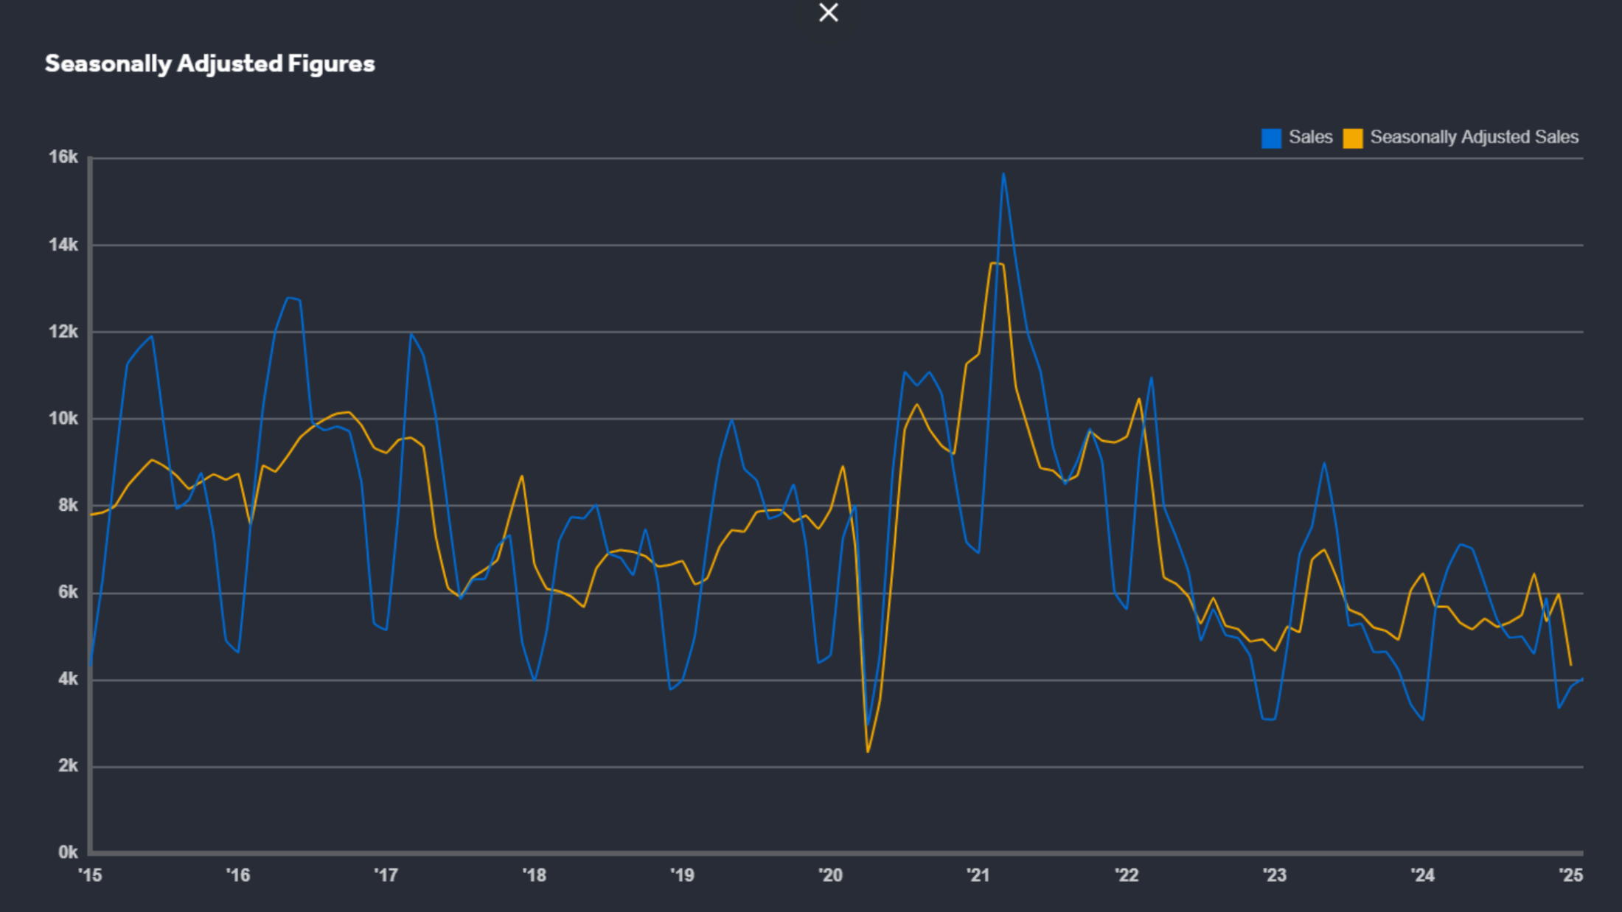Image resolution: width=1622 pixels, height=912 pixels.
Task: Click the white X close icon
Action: pyautogui.click(x=828, y=13)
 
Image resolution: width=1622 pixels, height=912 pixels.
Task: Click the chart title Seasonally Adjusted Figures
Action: pyautogui.click(x=210, y=64)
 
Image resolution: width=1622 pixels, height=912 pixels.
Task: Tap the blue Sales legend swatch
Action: pyautogui.click(x=1271, y=138)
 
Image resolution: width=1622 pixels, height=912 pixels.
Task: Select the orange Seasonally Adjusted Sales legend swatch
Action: pyautogui.click(x=1352, y=138)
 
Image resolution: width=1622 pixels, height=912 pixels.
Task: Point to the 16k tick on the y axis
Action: pyautogui.click(x=63, y=157)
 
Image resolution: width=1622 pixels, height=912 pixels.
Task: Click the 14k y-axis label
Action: pyautogui.click(x=63, y=245)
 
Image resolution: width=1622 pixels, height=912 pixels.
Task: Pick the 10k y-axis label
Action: pyautogui.click(x=63, y=419)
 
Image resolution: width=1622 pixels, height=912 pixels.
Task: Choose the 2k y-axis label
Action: pyautogui.click(x=67, y=766)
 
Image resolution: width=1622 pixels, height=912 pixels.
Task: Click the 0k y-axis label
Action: pyautogui.click(x=67, y=852)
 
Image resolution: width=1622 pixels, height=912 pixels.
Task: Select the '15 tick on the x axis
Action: pyautogui.click(x=91, y=875)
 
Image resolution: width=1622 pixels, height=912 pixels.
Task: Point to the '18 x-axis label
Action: pyautogui.click(x=535, y=875)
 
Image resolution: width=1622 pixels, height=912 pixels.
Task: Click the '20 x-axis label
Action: pyautogui.click(x=830, y=875)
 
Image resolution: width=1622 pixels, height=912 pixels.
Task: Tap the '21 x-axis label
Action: pyautogui.click(x=978, y=875)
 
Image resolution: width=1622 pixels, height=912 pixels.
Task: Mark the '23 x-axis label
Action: pyautogui.click(x=1275, y=875)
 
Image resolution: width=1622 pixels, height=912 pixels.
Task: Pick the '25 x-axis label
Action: pyautogui.click(x=1570, y=875)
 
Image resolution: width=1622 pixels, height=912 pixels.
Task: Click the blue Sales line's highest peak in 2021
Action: pyautogui.click(x=1003, y=174)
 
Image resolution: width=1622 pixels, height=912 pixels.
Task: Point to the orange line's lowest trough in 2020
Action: pyautogui.click(x=868, y=751)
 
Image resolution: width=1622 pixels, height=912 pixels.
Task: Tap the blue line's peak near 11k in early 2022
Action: pyautogui.click(x=1151, y=378)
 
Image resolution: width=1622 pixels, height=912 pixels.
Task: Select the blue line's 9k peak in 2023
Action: pyautogui.click(x=1324, y=463)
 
